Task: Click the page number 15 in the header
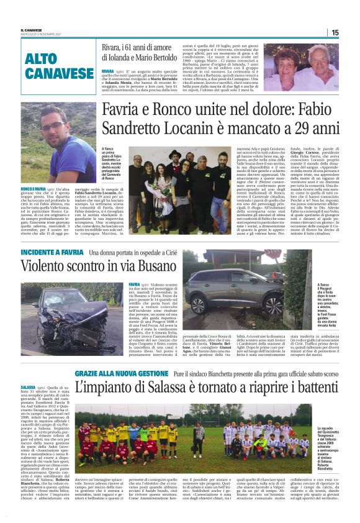click(351, 32)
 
